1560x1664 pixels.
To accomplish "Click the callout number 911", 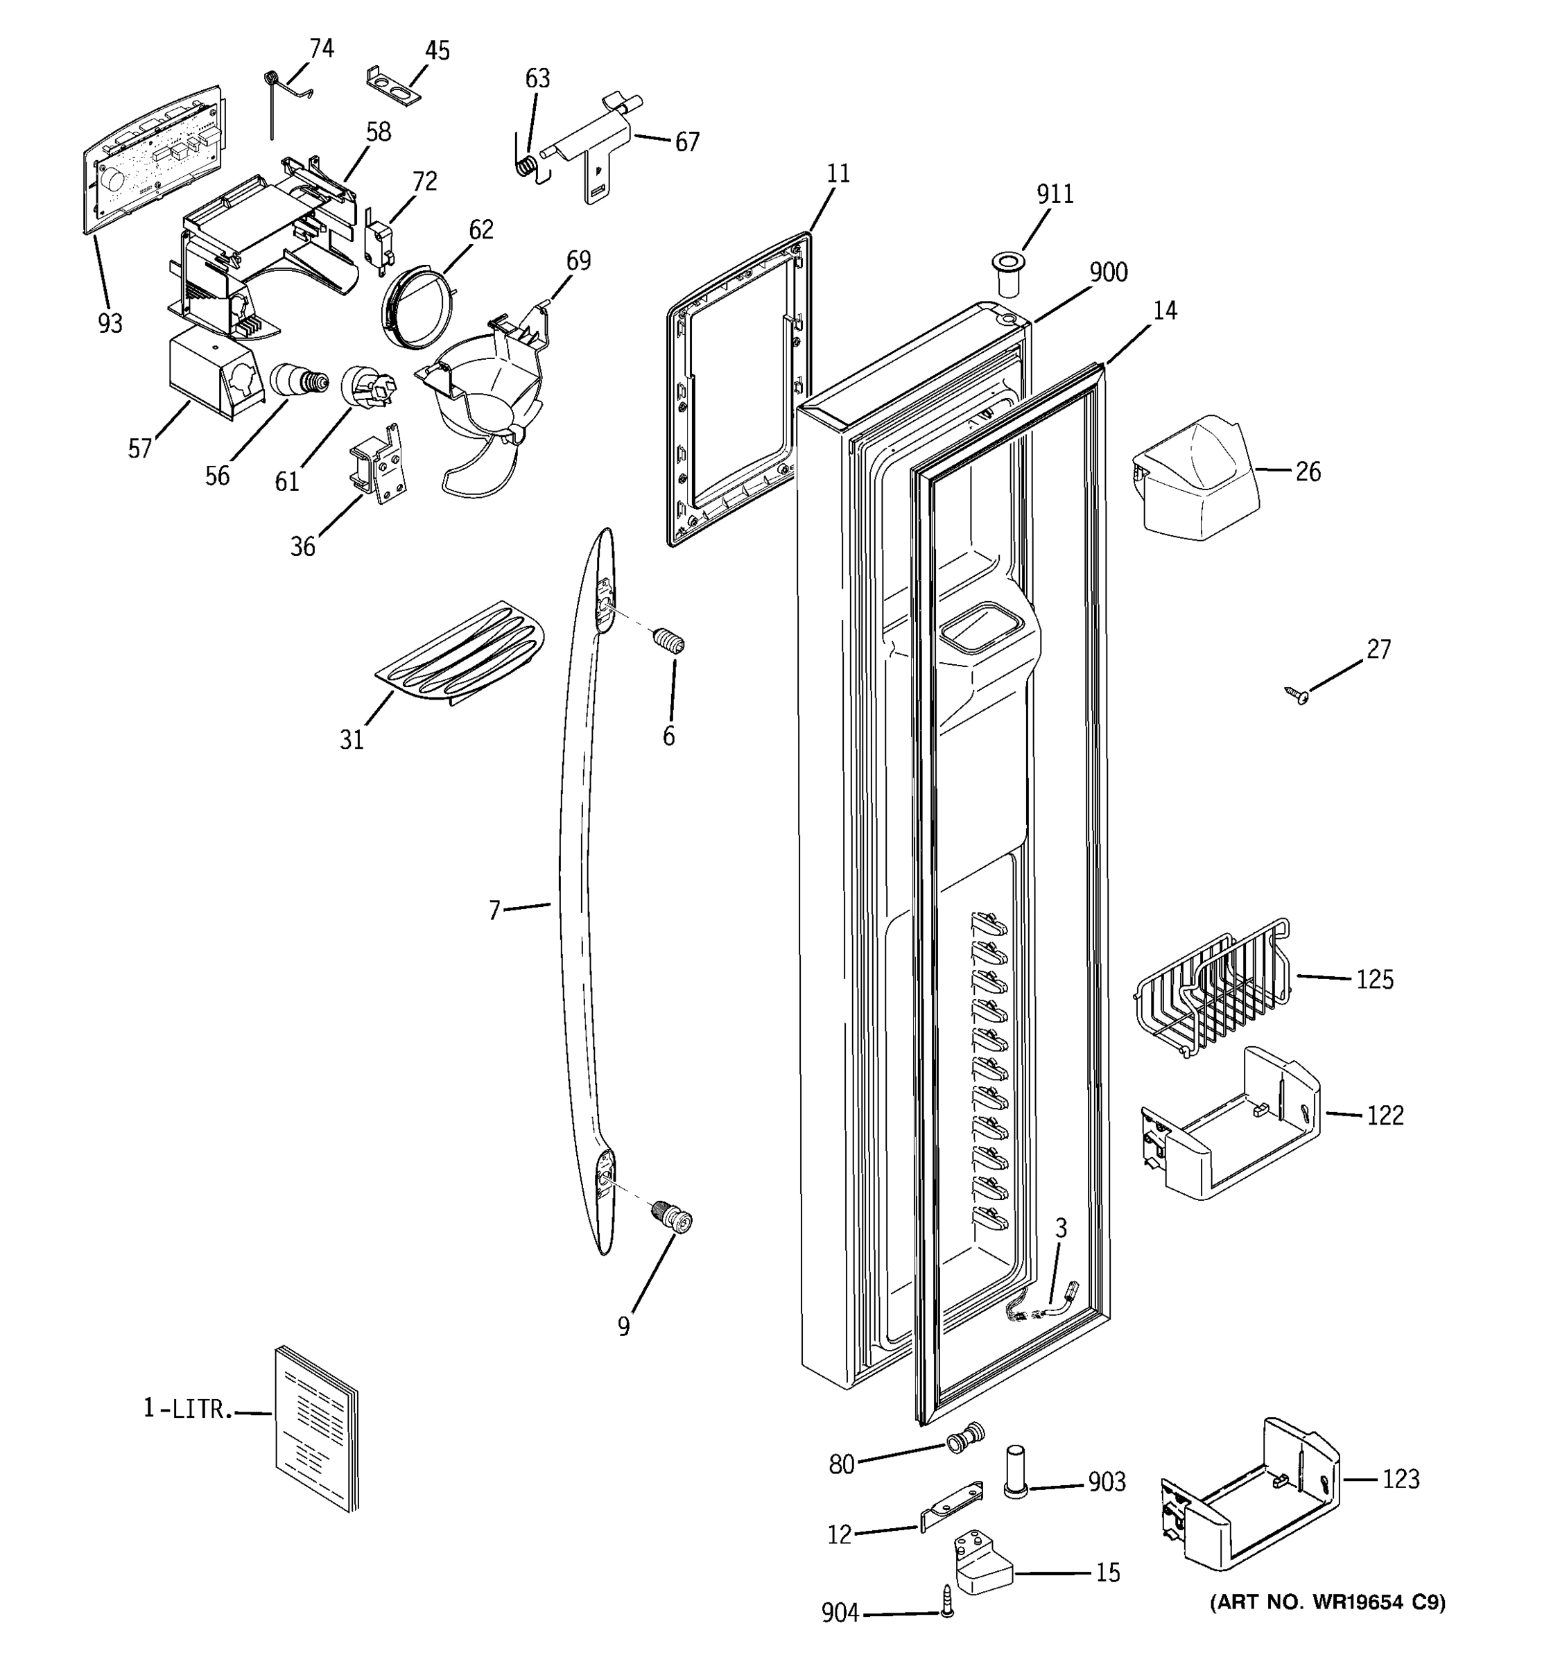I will tap(1055, 194).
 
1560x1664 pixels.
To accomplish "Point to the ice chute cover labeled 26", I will tap(1197, 474).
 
